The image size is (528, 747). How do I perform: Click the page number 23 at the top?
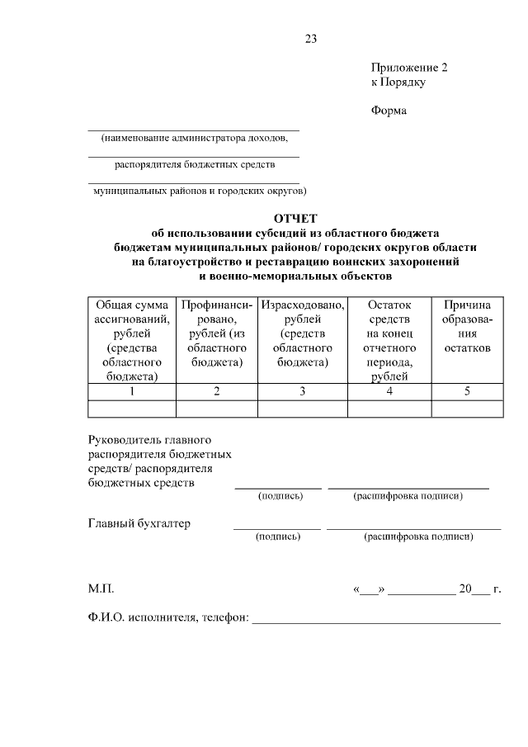(310, 39)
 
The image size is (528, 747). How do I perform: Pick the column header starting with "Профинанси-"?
(217, 333)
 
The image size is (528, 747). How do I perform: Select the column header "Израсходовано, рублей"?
(303, 333)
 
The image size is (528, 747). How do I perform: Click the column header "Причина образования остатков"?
(467, 326)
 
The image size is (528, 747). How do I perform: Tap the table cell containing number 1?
(132, 391)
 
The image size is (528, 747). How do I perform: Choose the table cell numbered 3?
(303, 391)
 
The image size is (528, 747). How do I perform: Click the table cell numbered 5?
(467, 391)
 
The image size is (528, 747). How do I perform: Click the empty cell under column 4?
(389, 408)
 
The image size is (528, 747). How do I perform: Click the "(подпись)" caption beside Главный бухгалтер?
(278, 537)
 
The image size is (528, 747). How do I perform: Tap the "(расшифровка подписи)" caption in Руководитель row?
(408, 496)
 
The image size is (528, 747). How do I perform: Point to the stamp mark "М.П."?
(101, 589)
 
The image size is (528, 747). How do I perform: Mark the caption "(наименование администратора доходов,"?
(194, 138)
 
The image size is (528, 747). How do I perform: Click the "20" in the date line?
(465, 589)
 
